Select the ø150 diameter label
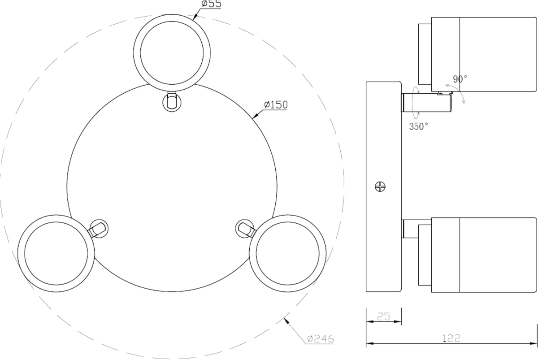click(275, 105)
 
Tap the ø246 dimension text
click(321, 339)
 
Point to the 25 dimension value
click(383, 317)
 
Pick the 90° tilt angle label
click(460, 79)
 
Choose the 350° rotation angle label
click(418, 126)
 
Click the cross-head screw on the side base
click(381, 187)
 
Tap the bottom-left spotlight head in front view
click(56, 254)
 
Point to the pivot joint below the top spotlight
click(172, 101)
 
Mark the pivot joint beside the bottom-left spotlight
click(98, 229)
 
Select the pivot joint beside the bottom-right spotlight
click(245, 229)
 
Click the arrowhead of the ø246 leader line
click(286, 319)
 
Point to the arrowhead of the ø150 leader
click(254, 117)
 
